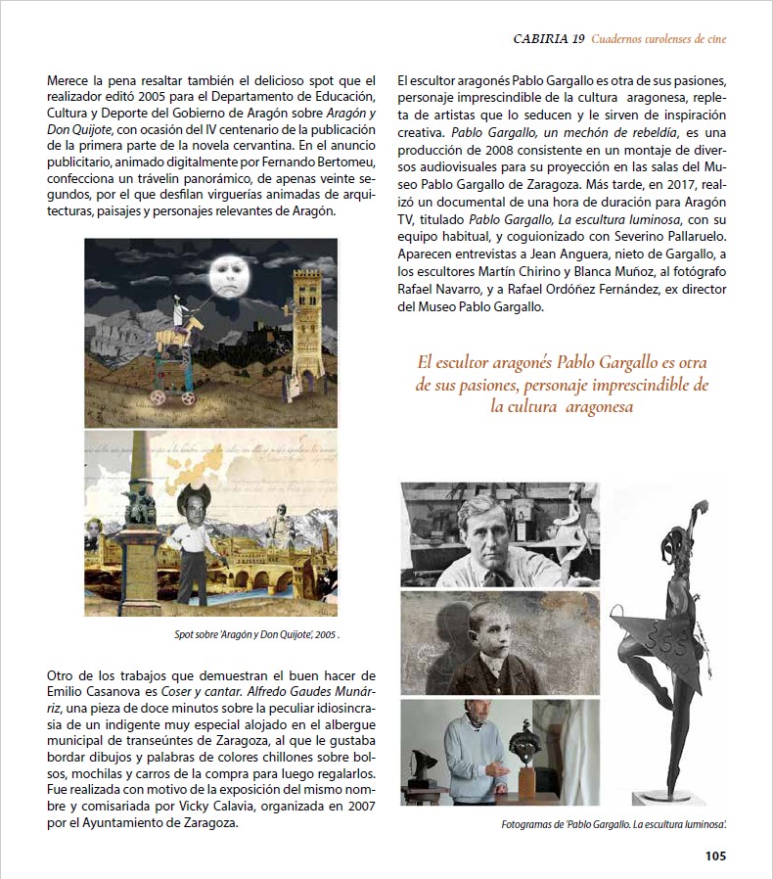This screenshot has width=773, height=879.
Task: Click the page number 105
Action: (x=715, y=856)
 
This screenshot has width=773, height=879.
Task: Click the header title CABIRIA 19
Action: (x=549, y=39)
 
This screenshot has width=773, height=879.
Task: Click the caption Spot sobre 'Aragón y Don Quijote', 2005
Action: (x=256, y=634)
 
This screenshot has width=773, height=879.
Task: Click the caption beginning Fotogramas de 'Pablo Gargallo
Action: (x=614, y=825)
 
